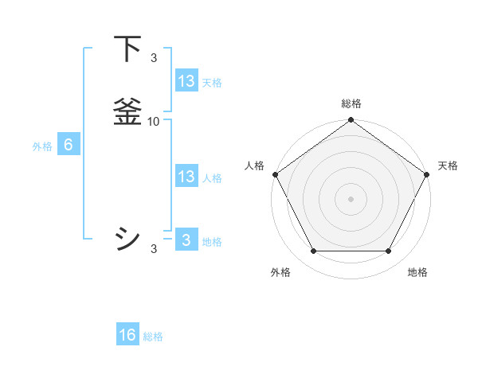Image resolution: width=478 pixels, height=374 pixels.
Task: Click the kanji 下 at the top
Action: click(127, 50)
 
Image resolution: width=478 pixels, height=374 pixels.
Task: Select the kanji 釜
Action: click(127, 111)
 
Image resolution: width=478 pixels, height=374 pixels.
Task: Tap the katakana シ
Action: click(127, 238)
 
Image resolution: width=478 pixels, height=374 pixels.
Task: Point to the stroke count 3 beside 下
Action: click(154, 57)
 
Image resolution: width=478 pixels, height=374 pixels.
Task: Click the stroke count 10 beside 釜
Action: click(154, 121)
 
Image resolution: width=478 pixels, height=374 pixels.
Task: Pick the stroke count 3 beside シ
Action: click(154, 249)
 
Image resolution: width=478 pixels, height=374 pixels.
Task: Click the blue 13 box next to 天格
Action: click(186, 81)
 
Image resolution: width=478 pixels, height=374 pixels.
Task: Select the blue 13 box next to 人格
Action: click(186, 177)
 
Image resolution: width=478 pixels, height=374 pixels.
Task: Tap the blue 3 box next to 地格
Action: click(186, 240)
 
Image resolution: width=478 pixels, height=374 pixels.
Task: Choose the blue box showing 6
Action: click(68, 145)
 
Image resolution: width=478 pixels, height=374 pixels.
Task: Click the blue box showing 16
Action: click(127, 335)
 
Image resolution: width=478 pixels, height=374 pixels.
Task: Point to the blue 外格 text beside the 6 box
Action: click(42, 146)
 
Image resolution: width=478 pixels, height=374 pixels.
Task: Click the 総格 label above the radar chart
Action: click(351, 103)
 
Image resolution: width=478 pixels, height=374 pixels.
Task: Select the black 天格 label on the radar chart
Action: click(448, 166)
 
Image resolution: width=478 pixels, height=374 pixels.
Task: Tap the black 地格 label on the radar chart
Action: click(417, 272)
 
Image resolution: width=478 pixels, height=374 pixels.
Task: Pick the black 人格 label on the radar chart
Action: click(254, 166)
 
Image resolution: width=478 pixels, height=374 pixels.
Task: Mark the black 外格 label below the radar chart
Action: click(280, 272)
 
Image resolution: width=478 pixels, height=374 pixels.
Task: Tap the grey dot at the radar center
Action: click(351, 198)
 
